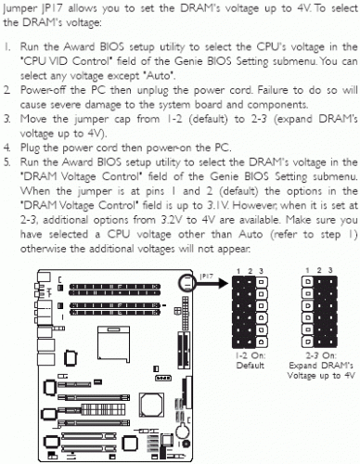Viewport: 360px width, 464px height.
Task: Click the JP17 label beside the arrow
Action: (x=207, y=276)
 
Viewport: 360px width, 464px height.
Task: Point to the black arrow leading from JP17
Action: (x=212, y=283)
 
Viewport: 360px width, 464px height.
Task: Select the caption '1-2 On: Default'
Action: (x=251, y=360)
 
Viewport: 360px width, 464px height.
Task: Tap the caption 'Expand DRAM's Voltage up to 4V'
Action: (x=321, y=370)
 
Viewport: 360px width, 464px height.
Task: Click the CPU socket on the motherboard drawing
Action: (x=113, y=343)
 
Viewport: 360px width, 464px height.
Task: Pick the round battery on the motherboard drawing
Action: (x=183, y=430)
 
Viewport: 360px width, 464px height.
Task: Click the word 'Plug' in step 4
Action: (x=30, y=148)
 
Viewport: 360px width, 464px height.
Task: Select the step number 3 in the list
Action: (x=6, y=119)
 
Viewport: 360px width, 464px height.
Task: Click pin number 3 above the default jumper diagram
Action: (x=261, y=271)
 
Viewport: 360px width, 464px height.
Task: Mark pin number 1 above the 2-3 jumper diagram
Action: (x=307, y=271)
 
